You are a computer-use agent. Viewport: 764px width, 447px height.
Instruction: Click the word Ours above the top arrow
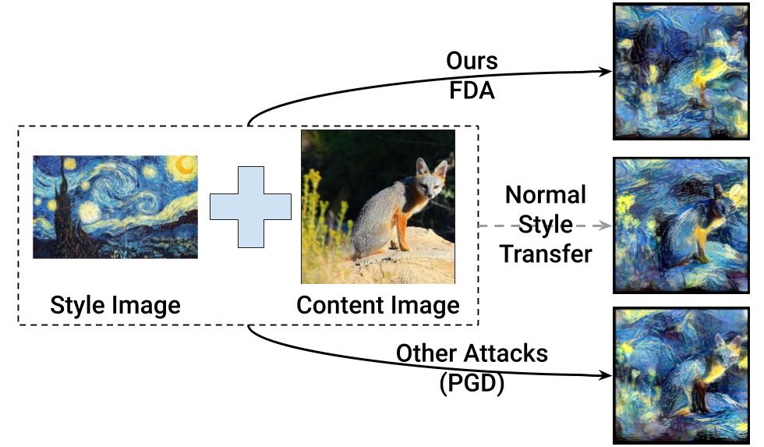471,61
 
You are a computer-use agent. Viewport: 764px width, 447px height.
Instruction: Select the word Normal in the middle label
545,195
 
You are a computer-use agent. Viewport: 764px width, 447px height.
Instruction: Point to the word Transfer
546,254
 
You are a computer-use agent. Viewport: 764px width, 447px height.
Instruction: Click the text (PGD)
471,382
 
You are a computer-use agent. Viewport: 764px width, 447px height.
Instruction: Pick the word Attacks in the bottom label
507,353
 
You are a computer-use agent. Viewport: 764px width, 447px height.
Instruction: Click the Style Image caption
115,305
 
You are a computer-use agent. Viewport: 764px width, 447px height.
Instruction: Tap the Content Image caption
377,305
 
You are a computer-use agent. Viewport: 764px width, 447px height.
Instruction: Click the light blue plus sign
250,206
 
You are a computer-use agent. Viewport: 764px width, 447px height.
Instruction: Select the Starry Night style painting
115,207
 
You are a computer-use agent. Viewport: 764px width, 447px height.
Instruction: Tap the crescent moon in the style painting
185,165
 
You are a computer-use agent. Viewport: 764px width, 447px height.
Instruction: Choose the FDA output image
681,71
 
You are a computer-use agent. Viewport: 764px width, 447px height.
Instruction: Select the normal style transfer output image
681,225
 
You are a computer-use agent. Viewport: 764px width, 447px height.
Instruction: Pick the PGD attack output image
681,375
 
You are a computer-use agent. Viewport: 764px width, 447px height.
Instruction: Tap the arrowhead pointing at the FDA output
606,71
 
